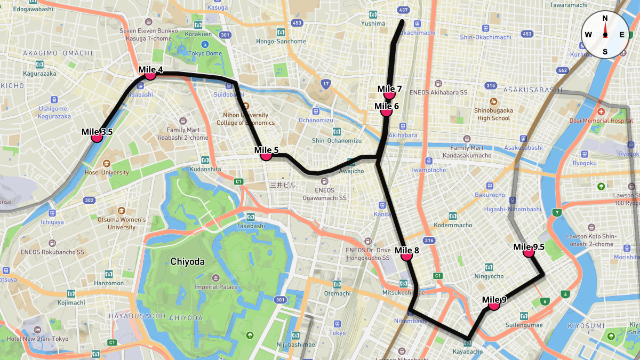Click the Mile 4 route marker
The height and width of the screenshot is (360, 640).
click(150, 75)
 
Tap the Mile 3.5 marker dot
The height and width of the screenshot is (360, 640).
click(97, 137)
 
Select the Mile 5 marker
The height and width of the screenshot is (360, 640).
click(266, 155)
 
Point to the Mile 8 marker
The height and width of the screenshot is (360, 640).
click(406, 255)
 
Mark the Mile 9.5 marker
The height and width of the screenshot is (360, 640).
click(529, 252)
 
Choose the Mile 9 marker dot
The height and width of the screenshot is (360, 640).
click(494, 305)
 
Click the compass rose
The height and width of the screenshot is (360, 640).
click(605, 35)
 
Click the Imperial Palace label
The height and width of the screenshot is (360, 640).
click(216, 287)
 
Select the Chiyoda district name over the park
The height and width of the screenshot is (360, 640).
click(188, 261)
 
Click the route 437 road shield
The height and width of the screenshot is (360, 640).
click(404, 10)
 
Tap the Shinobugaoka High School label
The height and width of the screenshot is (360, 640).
click(493, 115)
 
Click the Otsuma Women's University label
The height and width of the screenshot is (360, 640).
click(122, 223)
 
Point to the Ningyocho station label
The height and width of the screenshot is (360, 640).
click(489, 276)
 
